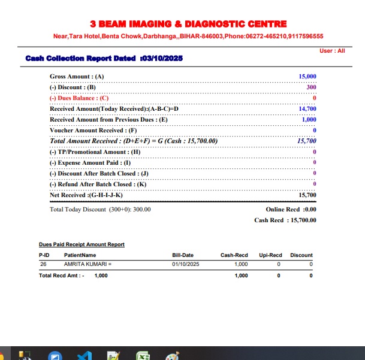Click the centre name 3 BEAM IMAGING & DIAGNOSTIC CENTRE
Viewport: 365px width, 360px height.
188,24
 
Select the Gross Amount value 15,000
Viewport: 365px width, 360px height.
307,77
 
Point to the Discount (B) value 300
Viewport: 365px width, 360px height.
311,87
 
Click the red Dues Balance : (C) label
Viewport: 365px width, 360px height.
79,98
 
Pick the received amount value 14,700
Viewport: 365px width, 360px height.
307,109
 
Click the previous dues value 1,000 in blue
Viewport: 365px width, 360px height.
309,120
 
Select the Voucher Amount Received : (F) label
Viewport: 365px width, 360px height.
93,131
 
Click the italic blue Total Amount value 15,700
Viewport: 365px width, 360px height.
306,141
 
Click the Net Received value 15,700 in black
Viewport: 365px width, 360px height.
307,195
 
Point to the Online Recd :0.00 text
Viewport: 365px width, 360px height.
291,210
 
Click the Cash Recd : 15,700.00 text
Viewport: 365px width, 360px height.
285,220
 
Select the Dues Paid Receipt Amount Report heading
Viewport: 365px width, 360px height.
82,244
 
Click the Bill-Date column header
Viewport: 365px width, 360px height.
183,255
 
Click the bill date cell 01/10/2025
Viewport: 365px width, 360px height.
186,264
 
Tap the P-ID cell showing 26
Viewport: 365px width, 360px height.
43,264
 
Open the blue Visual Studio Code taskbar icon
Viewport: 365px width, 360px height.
84,355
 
